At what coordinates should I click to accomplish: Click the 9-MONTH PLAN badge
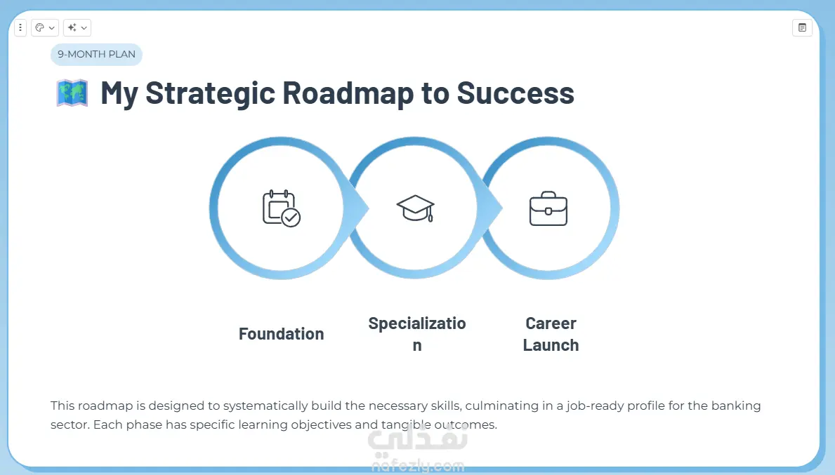click(x=96, y=54)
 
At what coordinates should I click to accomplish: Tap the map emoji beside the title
click(x=72, y=93)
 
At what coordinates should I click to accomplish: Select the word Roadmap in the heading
click(x=348, y=94)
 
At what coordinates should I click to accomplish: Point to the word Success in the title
click(x=515, y=93)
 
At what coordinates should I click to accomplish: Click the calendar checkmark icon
click(x=281, y=208)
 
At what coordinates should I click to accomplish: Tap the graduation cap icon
click(x=415, y=208)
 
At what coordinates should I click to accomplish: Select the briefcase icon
click(x=548, y=208)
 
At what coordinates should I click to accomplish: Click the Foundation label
click(x=281, y=333)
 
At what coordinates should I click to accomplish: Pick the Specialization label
click(x=417, y=334)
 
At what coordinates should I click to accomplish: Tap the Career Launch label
click(x=551, y=334)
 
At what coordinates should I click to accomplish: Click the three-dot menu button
click(x=20, y=27)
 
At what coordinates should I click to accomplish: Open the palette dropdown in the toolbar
click(x=45, y=27)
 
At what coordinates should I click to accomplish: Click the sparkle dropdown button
click(x=77, y=27)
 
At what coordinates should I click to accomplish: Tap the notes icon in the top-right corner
click(x=802, y=27)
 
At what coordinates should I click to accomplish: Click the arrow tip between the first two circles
click(x=369, y=208)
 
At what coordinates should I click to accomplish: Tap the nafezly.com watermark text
click(x=418, y=467)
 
